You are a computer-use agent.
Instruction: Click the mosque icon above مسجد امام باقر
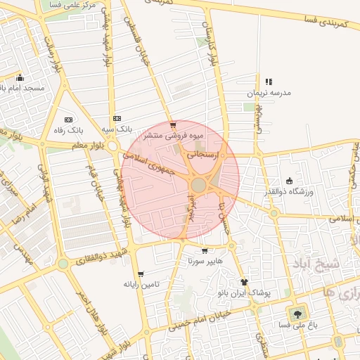coord(20,78)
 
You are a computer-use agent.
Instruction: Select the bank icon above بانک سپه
coord(117,119)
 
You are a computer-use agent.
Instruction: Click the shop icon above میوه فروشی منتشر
coord(173,124)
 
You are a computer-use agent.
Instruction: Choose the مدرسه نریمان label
coord(268,93)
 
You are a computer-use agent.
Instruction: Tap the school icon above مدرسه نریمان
coord(269,82)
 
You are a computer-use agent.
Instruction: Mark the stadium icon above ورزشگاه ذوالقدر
coord(290,181)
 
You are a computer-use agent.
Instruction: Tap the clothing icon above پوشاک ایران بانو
coord(244,281)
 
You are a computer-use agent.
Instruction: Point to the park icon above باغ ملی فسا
coord(298,314)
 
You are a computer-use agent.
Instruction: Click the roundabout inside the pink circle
coord(199,185)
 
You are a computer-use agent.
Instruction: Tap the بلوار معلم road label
coord(88,145)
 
